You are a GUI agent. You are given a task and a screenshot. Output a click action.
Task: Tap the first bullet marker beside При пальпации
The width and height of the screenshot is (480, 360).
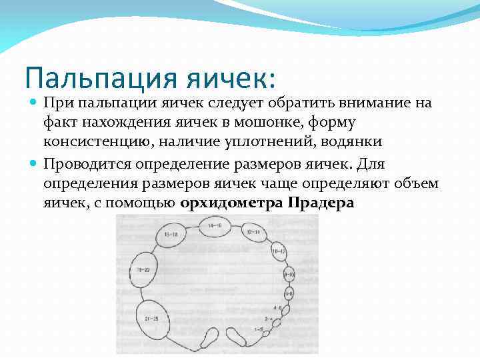[x=34, y=103]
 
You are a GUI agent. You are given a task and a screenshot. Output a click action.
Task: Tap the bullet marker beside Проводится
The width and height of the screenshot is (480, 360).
[x=34, y=164]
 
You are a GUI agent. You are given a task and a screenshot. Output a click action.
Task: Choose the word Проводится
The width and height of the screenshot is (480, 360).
[x=87, y=164]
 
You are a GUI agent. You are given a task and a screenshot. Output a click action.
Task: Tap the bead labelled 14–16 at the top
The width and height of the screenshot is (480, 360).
[x=215, y=227]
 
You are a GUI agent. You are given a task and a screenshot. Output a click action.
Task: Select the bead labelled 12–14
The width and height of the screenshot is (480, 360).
[x=253, y=233]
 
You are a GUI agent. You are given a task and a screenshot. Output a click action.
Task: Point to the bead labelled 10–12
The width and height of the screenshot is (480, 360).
[x=279, y=251]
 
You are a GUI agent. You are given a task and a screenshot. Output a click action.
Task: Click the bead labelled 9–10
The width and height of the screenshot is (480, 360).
[x=289, y=274]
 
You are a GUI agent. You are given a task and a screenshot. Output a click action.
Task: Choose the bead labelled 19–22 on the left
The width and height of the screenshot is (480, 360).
[x=142, y=269]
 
